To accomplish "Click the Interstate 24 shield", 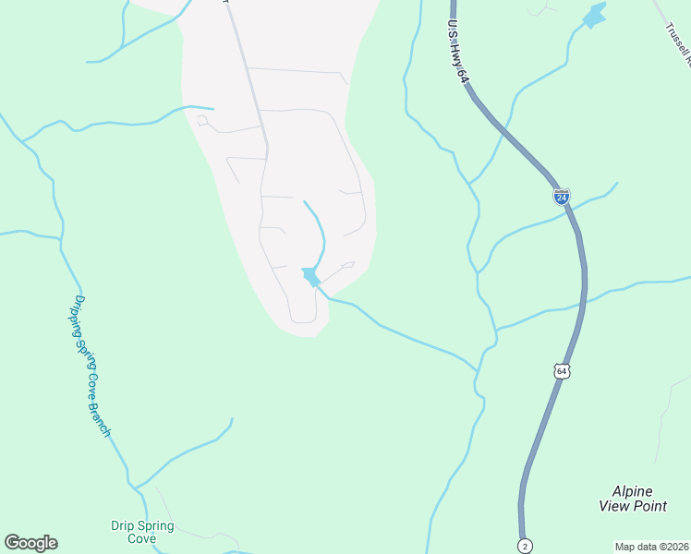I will click(x=562, y=196).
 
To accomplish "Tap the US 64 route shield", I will click(x=562, y=370).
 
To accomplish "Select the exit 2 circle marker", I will click(x=524, y=545).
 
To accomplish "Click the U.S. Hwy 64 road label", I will click(x=459, y=54).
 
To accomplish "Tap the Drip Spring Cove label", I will click(x=142, y=532).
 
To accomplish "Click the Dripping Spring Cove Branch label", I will click(x=92, y=367).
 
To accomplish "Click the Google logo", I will click(x=30, y=543).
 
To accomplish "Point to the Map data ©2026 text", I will click(x=651, y=547).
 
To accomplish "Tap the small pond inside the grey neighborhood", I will click(x=310, y=276).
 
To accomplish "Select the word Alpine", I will click(x=633, y=491).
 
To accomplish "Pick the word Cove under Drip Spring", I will click(x=142, y=538).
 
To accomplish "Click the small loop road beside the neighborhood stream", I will click(x=347, y=266).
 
